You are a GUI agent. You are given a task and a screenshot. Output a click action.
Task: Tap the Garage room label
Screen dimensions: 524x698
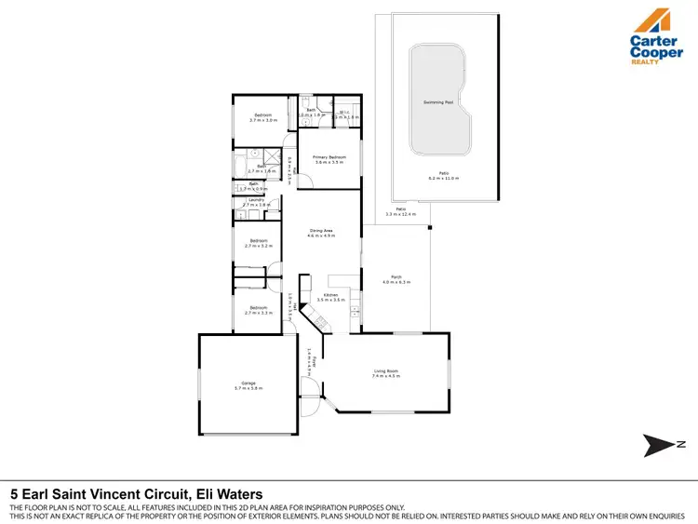tap(248, 383)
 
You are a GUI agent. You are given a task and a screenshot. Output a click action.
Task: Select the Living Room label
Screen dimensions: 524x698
tap(386, 371)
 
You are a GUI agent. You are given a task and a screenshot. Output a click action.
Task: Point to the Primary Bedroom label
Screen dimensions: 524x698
tap(329, 157)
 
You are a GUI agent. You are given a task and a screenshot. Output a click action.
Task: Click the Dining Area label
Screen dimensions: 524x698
tap(321, 230)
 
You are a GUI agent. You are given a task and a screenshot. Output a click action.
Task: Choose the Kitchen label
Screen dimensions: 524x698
tap(330, 295)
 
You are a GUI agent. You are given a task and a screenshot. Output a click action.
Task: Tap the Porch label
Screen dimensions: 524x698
tap(396, 276)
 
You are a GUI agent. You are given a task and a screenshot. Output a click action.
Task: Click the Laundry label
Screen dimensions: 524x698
tap(257, 200)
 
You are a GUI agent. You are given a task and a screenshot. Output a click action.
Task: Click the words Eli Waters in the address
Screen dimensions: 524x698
tap(231, 494)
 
